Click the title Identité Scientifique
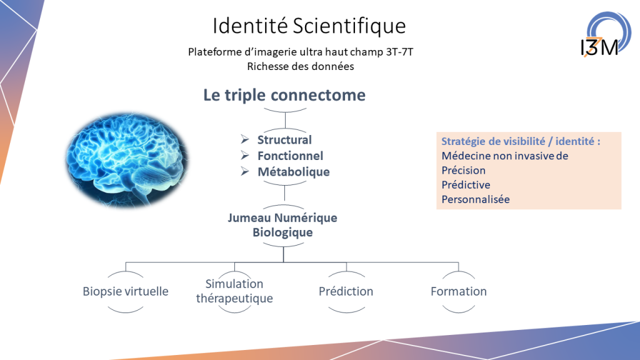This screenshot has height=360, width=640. (309, 26)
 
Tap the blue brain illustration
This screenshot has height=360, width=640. (127, 159)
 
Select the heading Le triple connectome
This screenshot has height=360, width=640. (284, 95)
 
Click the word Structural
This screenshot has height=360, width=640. (284, 139)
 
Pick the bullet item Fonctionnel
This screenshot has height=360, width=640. (290, 156)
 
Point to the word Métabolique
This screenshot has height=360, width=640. (294, 172)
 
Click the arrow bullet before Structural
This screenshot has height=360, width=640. (245, 139)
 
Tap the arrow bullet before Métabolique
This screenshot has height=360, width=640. (245, 171)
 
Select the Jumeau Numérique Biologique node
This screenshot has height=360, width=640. (282, 225)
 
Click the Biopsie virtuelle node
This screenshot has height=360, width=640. (125, 291)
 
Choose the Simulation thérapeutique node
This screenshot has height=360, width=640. (234, 291)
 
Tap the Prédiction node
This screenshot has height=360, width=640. (346, 291)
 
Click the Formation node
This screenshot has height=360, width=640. (459, 291)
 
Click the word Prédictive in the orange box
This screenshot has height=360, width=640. (466, 185)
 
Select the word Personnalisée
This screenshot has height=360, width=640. (476, 199)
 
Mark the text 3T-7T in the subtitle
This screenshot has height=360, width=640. (399, 52)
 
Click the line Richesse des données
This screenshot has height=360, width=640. (301, 66)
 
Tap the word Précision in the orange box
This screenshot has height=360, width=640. (463, 170)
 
